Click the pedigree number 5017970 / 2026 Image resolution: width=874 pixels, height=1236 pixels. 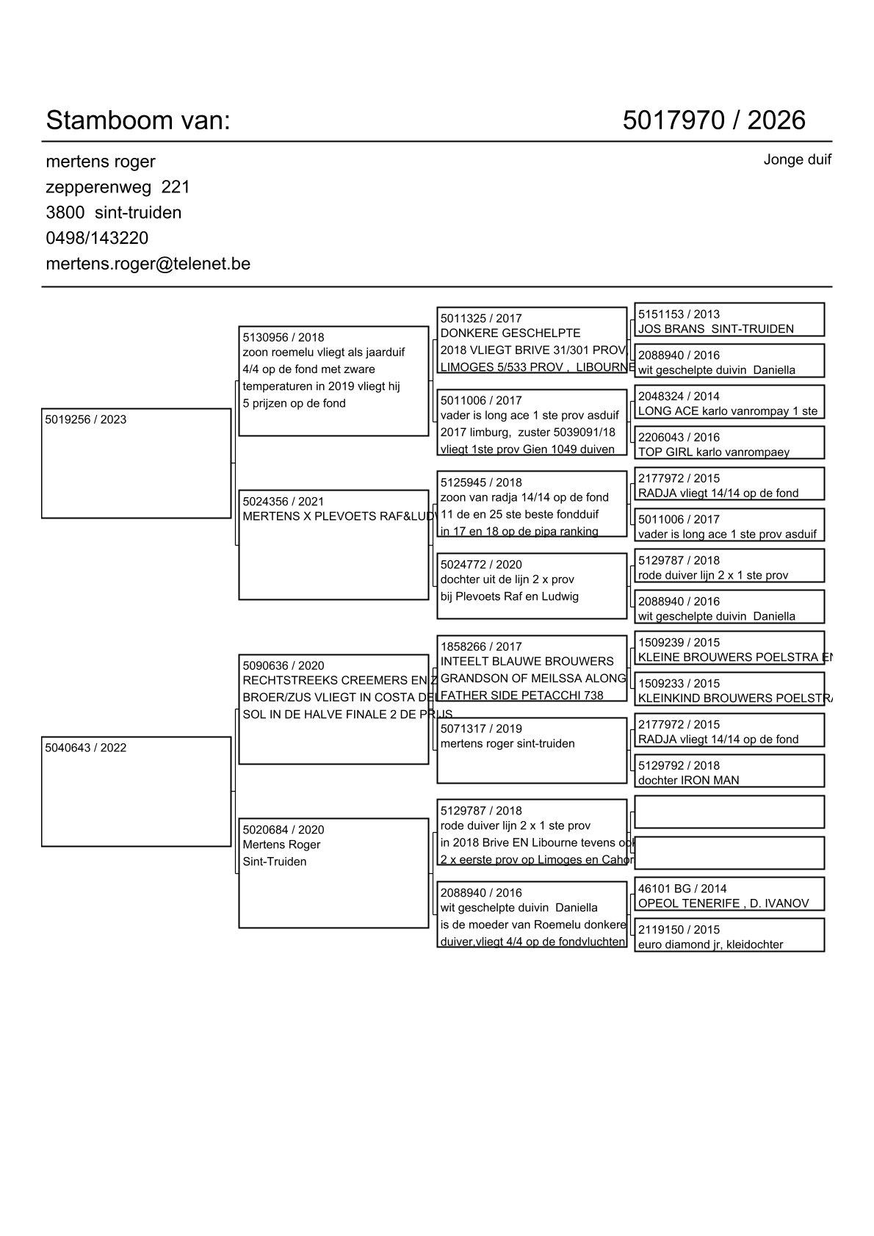click(713, 120)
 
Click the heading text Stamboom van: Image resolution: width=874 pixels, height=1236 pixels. click(138, 120)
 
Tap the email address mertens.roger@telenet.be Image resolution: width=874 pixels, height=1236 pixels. click(148, 264)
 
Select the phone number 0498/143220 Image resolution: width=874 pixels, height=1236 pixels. click(97, 238)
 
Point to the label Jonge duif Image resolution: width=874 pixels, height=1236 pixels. click(797, 159)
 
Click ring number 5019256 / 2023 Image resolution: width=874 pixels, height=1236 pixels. click(85, 420)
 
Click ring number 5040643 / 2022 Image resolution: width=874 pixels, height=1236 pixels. click(85, 748)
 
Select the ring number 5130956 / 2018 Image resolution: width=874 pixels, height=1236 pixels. click(283, 338)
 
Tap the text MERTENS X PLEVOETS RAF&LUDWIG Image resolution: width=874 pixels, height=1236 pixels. click(335, 516)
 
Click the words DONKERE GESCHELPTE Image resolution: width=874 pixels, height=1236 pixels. click(510, 333)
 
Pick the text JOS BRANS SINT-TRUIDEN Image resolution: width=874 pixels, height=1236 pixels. click(715, 329)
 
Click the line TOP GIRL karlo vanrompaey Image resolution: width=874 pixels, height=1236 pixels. click(713, 452)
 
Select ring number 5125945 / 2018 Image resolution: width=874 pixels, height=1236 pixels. click(480, 483)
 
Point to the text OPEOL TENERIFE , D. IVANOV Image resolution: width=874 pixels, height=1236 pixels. click(723, 903)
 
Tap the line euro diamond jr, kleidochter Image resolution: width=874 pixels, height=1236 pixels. click(710, 944)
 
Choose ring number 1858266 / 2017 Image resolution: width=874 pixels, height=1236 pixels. click(480, 647)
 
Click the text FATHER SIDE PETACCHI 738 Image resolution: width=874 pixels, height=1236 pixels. click(521, 695)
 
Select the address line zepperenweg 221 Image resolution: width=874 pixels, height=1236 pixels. click(118, 187)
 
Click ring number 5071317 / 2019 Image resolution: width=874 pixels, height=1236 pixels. click(480, 729)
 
